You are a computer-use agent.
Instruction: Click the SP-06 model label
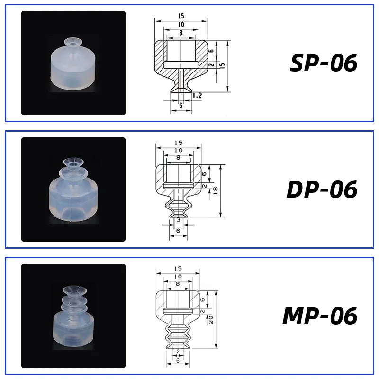pos(323,63)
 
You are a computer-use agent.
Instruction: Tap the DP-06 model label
pos(322,189)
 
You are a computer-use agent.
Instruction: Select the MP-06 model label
pos(320,316)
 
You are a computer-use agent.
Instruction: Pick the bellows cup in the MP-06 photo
pos(73,317)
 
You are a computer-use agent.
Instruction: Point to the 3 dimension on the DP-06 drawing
pos(178,220)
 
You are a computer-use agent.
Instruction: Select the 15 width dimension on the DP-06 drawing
pos(178,143)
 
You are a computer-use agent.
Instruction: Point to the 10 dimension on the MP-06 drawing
pos(178,276)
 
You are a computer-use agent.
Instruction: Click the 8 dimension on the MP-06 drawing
pos(178,284)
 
